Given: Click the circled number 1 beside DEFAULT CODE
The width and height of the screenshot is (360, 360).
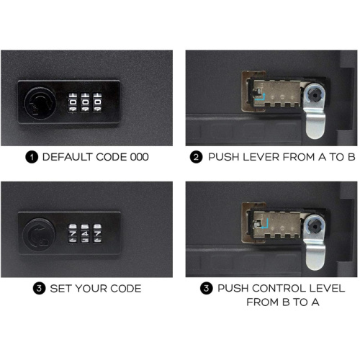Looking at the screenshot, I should coord(32,156).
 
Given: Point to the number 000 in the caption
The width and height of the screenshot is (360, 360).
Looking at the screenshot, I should coord(138,156).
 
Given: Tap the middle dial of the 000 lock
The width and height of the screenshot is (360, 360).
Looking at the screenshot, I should coord(84,102).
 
